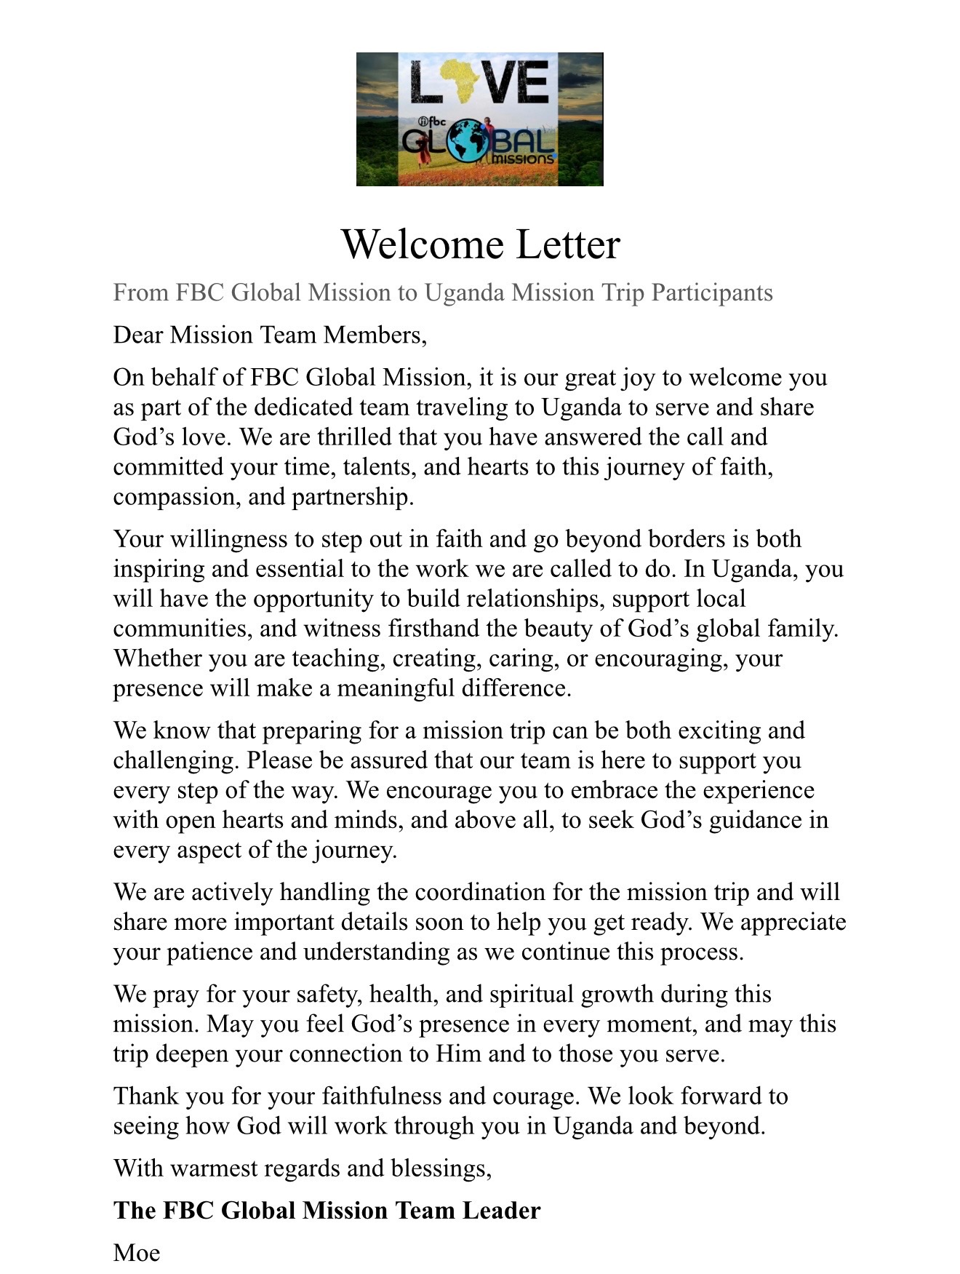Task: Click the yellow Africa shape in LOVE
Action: [x=465, y=82]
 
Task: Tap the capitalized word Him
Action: [x=458, y=1054]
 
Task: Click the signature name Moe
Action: [x=137, y=1253]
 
